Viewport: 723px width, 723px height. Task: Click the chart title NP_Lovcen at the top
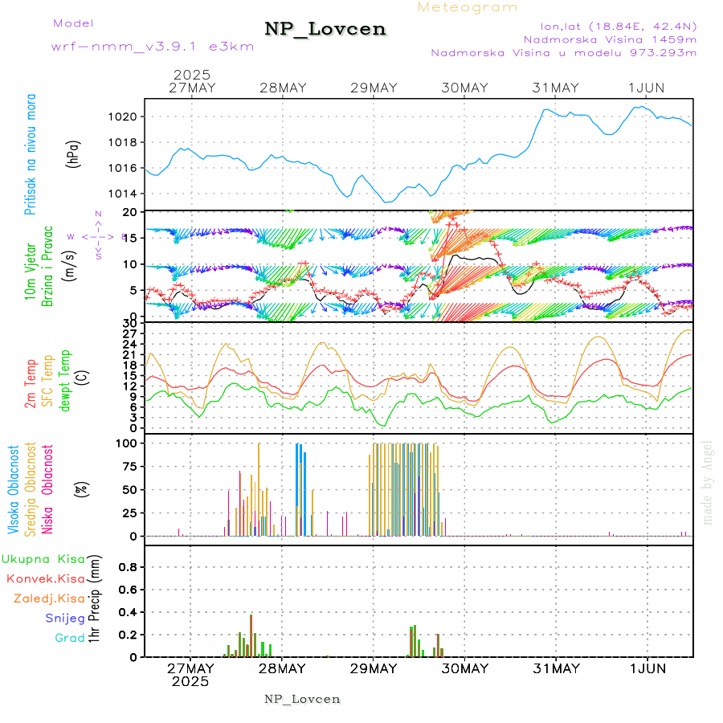325,30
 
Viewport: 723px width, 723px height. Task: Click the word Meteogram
468,7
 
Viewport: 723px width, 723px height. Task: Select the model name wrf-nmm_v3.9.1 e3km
152,46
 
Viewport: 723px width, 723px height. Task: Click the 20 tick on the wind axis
133,211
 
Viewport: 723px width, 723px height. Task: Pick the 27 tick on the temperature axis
133,333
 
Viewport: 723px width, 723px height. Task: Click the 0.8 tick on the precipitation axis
129,566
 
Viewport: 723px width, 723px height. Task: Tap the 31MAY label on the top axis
555,88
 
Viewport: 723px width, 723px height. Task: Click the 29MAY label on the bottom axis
373,668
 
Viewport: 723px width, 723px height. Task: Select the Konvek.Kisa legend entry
46,578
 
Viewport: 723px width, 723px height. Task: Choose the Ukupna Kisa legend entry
43,558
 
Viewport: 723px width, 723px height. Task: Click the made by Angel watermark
708,482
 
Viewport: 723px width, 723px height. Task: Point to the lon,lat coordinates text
607,25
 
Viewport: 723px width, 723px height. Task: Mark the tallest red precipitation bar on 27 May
251,635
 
